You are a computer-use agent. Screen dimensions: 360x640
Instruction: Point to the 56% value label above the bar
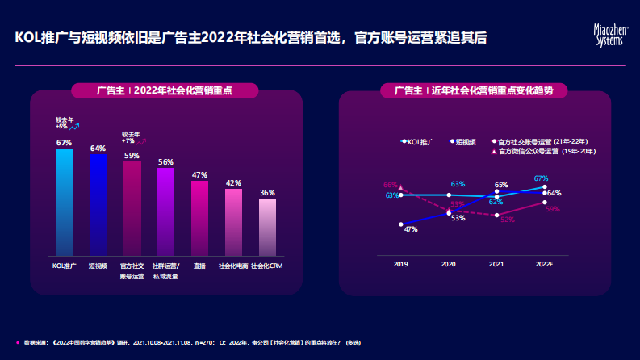(165, 161)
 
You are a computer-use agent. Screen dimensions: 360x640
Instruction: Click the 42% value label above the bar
(233, 183)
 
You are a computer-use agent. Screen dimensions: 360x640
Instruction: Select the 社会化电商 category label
(233, 266)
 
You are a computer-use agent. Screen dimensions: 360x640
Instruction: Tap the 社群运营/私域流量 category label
(165, 270)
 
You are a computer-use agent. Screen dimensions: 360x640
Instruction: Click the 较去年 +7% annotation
(133, 138)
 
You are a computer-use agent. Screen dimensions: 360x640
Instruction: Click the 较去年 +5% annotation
(66, 123)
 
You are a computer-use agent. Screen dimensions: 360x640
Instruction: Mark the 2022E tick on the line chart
(545, 264)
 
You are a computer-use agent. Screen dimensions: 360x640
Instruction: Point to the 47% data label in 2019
(410, 229)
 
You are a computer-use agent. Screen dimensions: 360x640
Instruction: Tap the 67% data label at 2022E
(541, 178)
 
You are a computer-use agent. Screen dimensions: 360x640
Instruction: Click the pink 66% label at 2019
(391, 185)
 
